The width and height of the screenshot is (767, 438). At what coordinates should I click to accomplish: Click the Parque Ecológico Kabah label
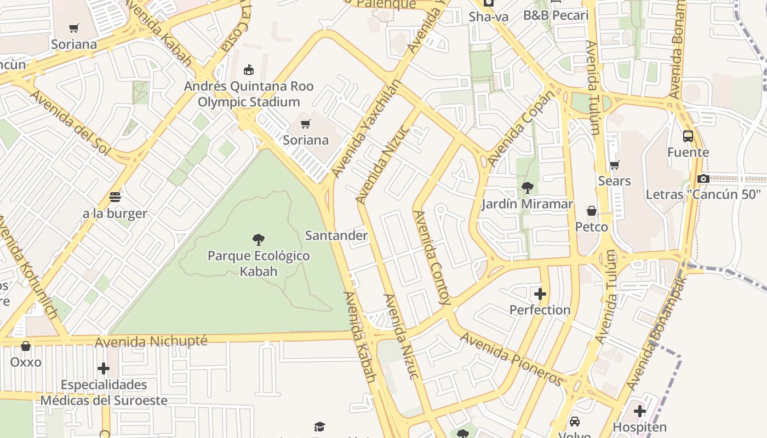click(x=259, y=263)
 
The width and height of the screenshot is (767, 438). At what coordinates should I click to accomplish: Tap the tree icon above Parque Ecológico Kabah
click(x=259, y=239)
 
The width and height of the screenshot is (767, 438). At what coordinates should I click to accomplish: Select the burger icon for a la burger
click(x=115, y=197)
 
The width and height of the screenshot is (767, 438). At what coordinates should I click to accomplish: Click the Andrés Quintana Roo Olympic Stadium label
click(x=249, y=94)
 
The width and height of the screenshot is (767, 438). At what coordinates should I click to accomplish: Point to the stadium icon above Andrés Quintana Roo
click(x=249, y=70)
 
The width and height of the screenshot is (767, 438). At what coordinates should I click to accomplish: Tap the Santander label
click(x=336, y=235)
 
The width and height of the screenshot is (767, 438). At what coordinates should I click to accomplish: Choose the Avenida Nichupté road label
click(x=151, y=342)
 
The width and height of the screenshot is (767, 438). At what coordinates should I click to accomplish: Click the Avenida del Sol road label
click(x=70, y=123)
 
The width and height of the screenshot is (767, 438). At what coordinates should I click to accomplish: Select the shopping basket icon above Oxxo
click(x=26, y=346)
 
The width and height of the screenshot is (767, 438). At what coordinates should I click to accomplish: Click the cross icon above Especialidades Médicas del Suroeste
click(x=104, y=368)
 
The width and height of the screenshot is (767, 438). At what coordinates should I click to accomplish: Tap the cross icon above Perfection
click(x=540, y=294)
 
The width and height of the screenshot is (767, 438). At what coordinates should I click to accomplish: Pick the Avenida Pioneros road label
click(x=512, y=359)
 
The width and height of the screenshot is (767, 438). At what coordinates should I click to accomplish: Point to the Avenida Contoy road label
click(x=433, y=257)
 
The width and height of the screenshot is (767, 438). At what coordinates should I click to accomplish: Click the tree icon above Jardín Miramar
click(x=528, y=188)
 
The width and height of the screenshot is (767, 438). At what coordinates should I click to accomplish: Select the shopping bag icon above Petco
click(x=592, y=211)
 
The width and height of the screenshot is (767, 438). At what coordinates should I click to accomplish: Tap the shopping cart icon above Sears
click(x=614, y=165)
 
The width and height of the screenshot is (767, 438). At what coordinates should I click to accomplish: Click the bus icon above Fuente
click(x=688, y=136)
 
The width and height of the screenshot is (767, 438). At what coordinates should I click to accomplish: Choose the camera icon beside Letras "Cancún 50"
click(x=703, y=178)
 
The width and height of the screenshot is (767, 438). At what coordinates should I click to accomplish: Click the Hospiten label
click(x=639, y=427)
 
